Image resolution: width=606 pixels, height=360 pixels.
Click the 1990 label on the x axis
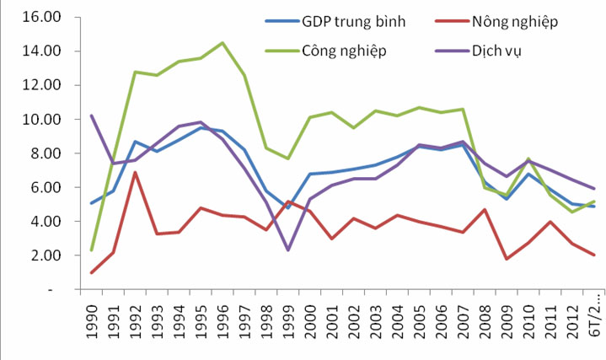pyautogui.click(x=91, y=324)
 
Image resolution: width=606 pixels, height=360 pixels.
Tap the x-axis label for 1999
pyautogui.click(x=288, y=324)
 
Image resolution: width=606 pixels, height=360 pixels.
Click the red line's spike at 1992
pyautogui.click(x=135, y=172)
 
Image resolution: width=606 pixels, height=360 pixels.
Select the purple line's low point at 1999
pyautogui.click(x=288, y=250)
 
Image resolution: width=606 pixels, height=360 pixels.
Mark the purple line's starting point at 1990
pyautogui.click(x=91, y=116)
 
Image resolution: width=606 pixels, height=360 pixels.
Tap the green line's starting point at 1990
pyautogui.click(x=91, y=250)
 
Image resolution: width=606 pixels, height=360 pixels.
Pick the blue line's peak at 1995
pyautogui.click(x=201, y=127)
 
